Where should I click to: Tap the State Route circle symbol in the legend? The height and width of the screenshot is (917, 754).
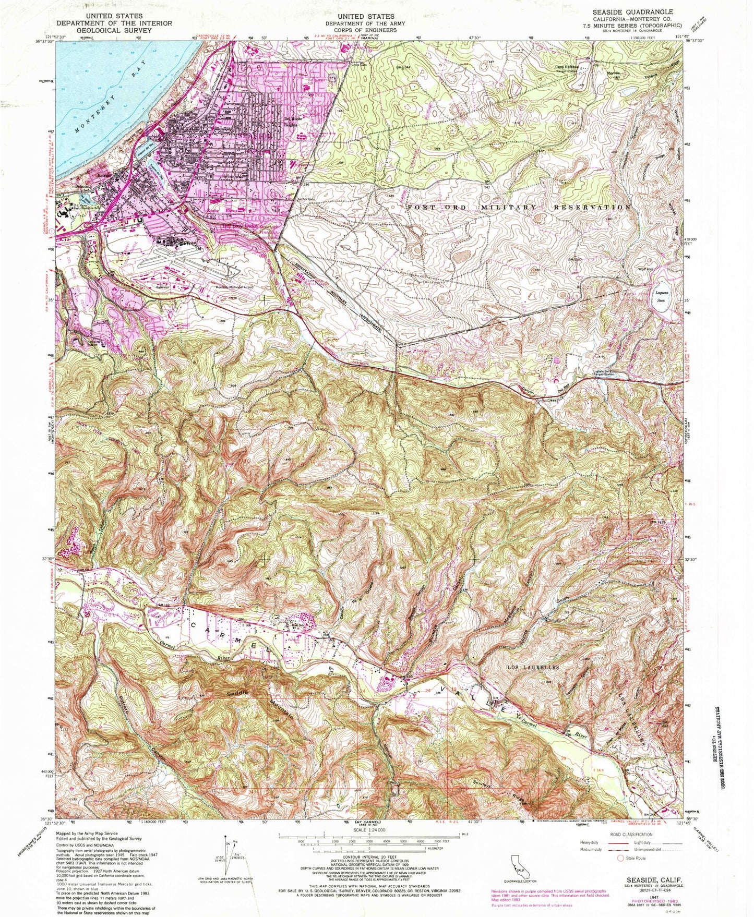coord(620,872)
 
